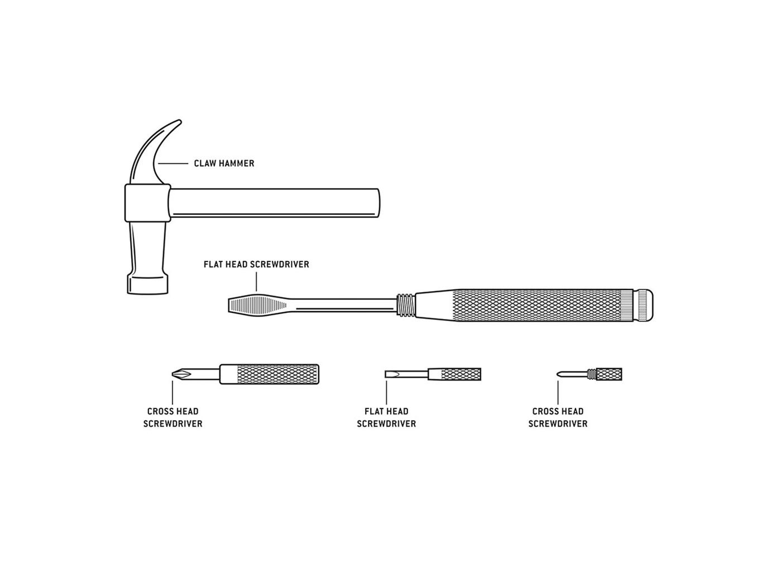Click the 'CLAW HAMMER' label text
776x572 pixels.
coord(224,163)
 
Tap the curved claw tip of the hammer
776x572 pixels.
coord(179,121)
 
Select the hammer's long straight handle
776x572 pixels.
coord(274,203)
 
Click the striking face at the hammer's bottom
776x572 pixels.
coord(147,285)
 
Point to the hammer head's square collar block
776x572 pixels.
coord(147,203)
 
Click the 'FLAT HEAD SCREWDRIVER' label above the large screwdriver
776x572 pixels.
coord(256,264)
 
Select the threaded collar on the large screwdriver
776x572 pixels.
coord(406,306)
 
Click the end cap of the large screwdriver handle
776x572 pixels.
coord(645,305)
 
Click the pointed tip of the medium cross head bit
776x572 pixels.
coord(173,374)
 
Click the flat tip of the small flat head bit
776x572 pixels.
coord(386,374)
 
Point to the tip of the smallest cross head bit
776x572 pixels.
coord(558,374)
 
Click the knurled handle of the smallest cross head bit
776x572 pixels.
coord(609,374)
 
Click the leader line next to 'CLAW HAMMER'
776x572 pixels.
coord(173,163)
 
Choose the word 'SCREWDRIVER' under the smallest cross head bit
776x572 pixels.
coord(558,423)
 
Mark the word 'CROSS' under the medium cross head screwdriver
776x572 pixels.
coord(160,412)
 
